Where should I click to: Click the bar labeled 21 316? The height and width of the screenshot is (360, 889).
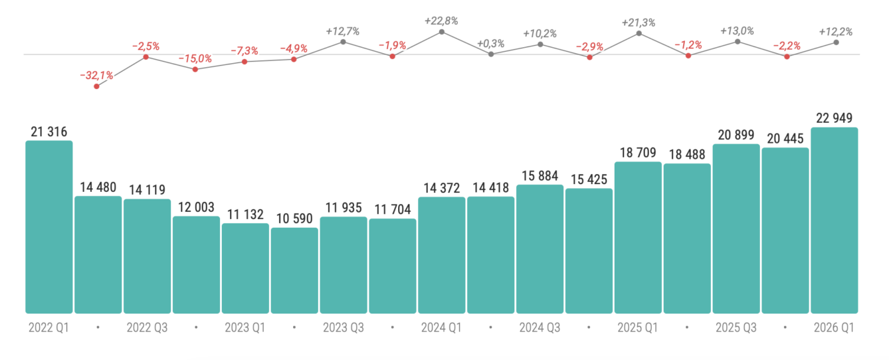[49, 226]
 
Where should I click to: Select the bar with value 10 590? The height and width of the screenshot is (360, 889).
[294, 270]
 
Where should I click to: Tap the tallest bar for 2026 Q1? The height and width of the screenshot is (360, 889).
[835, 220]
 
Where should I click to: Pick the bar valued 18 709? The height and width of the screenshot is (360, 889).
[638, 237]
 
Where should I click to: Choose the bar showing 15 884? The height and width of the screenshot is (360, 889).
[540, 248]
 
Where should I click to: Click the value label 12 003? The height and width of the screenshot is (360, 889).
[196, 207]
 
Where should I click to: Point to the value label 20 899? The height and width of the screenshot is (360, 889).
[736, 135]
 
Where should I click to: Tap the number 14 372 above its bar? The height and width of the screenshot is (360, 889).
[442, 188]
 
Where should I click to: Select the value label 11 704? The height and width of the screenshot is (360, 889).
[393, 210]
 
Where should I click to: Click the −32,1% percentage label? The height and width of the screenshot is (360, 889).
[96, 75]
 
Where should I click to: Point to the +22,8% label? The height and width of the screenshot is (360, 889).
[441, 21]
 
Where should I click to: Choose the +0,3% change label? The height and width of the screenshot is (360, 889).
[490, 43]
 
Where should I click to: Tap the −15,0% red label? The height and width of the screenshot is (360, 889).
[195, 58]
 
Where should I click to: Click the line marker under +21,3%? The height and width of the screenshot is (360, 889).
[639, 33]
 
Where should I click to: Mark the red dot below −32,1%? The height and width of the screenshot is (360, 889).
[97, 86]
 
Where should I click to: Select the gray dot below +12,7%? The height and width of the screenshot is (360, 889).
[343, 41]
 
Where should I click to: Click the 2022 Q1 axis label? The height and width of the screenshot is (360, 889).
[49, 327]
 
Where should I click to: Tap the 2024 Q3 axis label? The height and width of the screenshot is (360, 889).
[540, 327]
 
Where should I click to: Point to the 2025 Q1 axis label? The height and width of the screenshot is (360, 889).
[638, 327]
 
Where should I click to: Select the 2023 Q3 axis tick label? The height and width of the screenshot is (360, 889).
[344, 327]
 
